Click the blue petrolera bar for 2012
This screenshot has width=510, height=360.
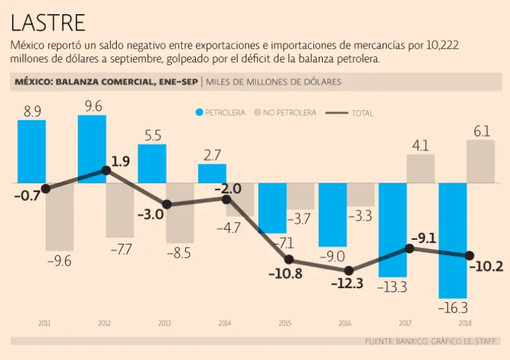92,149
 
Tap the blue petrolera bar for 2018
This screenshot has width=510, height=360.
452,240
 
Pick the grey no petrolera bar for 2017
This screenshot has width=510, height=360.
421,169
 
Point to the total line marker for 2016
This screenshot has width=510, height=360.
349,270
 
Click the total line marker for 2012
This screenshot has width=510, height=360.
106,170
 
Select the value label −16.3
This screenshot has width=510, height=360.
452,308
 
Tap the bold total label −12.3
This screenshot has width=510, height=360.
348,284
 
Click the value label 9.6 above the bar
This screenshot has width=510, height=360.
92,106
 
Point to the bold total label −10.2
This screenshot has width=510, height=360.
487,266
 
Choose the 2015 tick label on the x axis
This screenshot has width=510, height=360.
285,323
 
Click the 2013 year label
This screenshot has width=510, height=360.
164,323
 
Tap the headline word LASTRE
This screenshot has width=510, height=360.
48,23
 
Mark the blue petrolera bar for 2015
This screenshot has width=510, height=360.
272,208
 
